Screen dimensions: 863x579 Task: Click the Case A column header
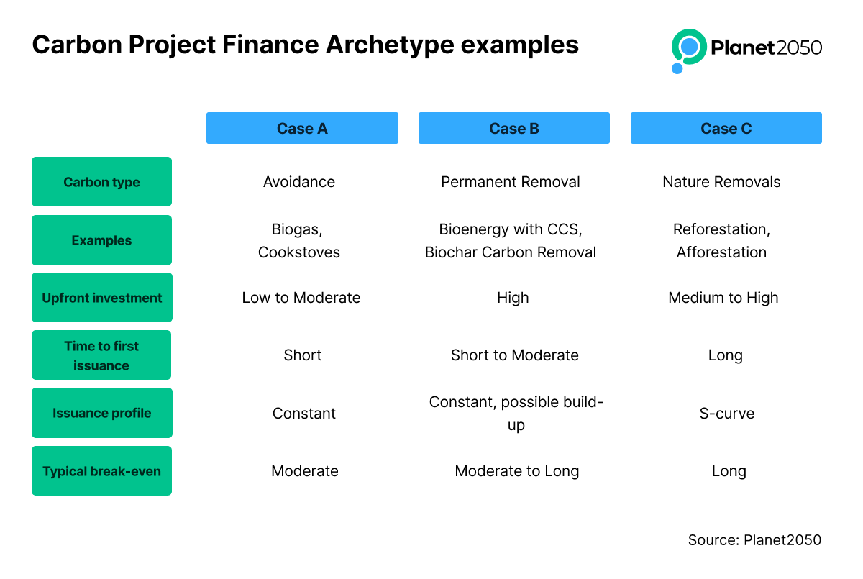tap(302, 128)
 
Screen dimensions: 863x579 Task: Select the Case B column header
tap(514, 128)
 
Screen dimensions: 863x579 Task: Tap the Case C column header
tap(726, 128)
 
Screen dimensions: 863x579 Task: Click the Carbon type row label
tap(101, 181)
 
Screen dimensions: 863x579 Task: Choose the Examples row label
tap(101, 240)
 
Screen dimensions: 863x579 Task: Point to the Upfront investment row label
tap(101, 297)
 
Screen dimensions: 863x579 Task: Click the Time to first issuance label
tap(101, 355)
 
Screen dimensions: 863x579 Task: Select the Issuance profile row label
tap(101, 413)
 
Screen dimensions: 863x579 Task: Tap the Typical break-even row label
tap(101, 470)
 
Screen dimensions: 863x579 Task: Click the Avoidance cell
tap(299, 182)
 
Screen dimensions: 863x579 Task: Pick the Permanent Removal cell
tap(511, 182)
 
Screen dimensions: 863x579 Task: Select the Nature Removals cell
tap(721, 182)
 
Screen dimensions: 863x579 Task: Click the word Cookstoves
tap(299, 252)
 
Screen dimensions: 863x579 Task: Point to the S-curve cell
tap(726, 414)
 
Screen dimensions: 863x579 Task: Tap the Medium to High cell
tap(723, 298)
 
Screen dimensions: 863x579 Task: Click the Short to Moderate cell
tap(515, 355)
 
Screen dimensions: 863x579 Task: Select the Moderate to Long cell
tap(516, 471)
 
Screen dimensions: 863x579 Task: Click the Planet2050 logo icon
tap(688, 50)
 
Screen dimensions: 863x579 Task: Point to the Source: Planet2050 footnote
tap(754, 540)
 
